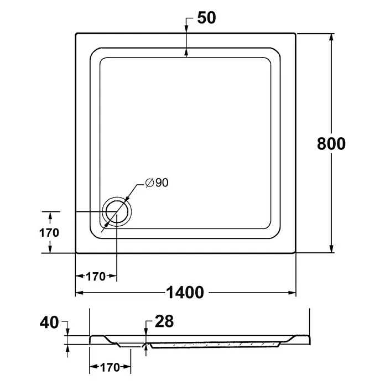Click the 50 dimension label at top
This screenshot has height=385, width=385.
206,18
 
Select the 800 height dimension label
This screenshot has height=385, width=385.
331,144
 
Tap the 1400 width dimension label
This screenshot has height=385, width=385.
185,292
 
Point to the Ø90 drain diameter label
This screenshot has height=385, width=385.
157,183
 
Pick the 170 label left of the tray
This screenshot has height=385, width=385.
49,233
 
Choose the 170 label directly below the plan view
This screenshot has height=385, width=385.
96,277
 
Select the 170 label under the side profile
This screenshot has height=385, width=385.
110,367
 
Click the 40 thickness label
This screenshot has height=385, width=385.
49,322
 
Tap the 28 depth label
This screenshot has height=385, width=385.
164,321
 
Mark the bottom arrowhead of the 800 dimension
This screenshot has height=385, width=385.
331,248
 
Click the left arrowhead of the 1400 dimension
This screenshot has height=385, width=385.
80,293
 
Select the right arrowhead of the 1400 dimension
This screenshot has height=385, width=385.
292,293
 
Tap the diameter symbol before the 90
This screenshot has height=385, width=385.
149,183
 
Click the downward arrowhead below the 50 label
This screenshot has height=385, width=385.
186,29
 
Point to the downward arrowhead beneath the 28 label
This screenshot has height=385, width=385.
147,331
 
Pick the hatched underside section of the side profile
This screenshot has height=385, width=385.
215,345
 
